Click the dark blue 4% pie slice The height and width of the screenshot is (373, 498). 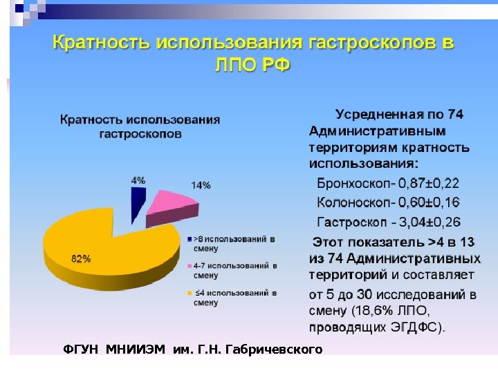pyautogui.click(x=138, y=198)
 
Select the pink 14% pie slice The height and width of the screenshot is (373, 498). pyautogui.click(x=171, y=206)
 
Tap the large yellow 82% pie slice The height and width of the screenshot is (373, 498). pyautogui.click(x=104, y=245)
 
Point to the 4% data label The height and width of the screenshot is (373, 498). pyautogui.click(x=138, y=180)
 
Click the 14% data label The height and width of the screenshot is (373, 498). pyautogui.click(x=201, y=185)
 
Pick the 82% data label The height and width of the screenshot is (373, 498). pyautogui.click(x=81, y=258)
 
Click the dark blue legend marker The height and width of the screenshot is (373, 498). pyautogui.click(x=189, y=239)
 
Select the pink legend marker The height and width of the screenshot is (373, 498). pyautogui.click(x=189, y=266)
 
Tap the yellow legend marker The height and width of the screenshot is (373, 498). pyautogui.click(x=189, y=293)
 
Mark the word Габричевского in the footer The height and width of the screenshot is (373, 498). pyautogui.click(x=279, y=350)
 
